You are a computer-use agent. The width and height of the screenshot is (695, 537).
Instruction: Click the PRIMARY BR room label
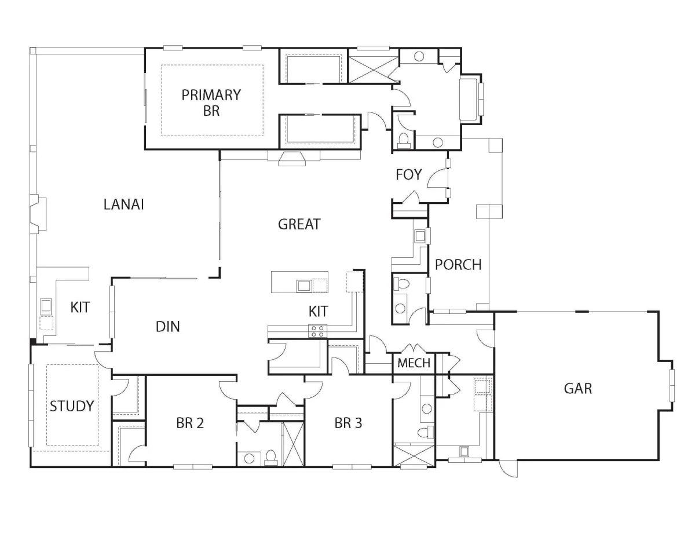(x=211, y=103)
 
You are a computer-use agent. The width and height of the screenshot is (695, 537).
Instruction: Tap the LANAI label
(x=123, y=204)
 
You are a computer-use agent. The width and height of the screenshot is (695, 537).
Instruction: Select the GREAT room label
(x=299, y=224)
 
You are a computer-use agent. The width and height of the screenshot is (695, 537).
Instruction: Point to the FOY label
(x=408, y=174)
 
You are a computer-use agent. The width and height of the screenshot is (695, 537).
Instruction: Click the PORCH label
(x=458, y=265)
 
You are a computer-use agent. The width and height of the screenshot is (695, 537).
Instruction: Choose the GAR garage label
(x=577, y=389)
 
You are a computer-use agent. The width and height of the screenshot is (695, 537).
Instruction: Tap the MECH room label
(x=414, y=363)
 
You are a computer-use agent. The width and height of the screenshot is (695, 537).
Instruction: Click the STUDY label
(x=72, y=406)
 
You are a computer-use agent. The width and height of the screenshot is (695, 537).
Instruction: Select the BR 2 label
(x=189, y=423)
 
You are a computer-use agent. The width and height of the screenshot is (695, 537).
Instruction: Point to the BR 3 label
(x=348, y=423)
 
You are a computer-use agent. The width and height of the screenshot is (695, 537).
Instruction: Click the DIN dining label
(x=167, y=327)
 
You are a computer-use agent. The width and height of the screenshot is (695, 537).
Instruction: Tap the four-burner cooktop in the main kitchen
(x=317, y=331)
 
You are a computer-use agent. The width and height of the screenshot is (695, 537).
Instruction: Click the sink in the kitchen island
(x=303, y=286)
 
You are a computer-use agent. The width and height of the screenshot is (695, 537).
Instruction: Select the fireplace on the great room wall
(x=292, y=158)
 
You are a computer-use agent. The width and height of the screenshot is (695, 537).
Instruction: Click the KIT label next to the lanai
(x=80, y=308)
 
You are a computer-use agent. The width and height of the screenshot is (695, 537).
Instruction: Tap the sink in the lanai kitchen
(x=46, y=306)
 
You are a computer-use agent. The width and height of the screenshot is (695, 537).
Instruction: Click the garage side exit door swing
(x=509, y=468)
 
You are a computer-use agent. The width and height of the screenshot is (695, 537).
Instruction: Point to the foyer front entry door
(x=437, y=178)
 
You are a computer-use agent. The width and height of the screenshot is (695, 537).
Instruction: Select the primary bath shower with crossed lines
(x=373, y=70)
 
